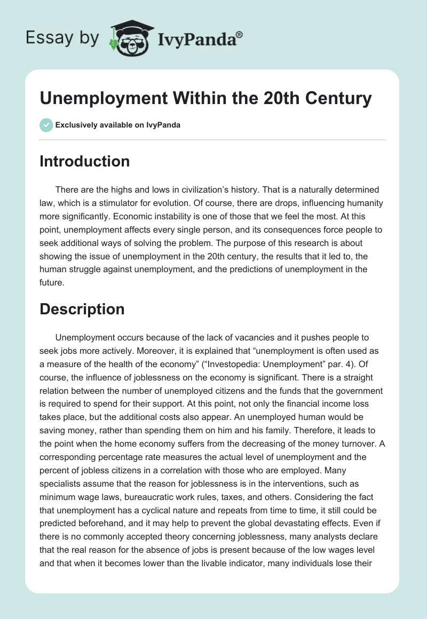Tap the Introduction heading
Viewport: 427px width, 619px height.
point(84,162)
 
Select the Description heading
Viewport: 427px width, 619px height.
point(82,309)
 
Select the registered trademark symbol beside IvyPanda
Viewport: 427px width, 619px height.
point(240,34)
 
